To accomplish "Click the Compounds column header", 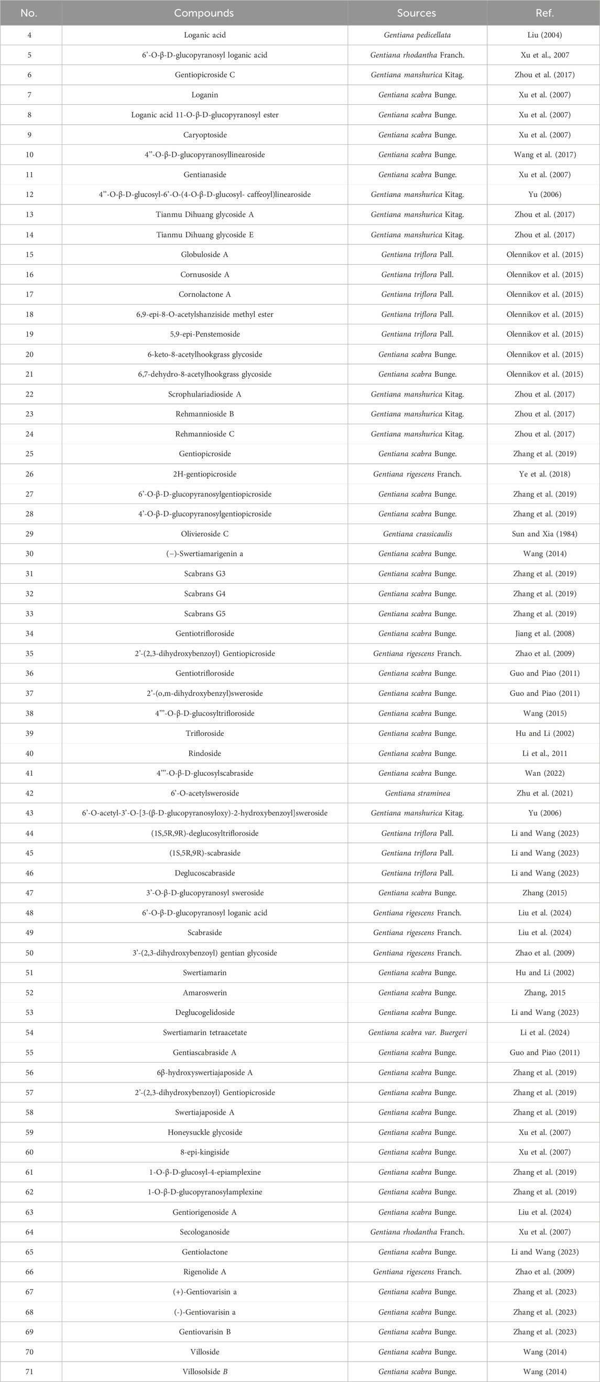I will click(x=204, y=13).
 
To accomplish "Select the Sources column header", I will click(x=417, y=13).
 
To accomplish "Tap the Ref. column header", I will click(x=544, y=13).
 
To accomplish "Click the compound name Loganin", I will click(x=204, y=95).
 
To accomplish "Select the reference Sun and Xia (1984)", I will click(x=544, y=534).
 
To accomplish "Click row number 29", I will click(x=29, y=534).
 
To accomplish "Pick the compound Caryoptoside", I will click(x=204, y=135).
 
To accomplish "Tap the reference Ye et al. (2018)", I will click(x=544, y=474).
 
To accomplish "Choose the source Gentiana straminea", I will click(x=417, y=793).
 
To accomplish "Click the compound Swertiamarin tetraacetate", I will click(x=204, y=1032).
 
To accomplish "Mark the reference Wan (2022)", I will click(x=544, y=773).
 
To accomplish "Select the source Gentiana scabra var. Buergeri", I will click(x=417, y=1032).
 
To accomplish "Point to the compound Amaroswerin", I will click(x=204, y=992).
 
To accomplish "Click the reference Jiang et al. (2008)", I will click(x=544, y=634).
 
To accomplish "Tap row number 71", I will click(x=29, y=1372).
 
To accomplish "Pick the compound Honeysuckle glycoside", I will click(x=204, y=1132).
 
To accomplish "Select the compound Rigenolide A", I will click(x=204, y=1272).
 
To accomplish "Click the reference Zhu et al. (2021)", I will click(x=544, y=793).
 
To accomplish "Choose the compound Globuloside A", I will click(x=204, y=254).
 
